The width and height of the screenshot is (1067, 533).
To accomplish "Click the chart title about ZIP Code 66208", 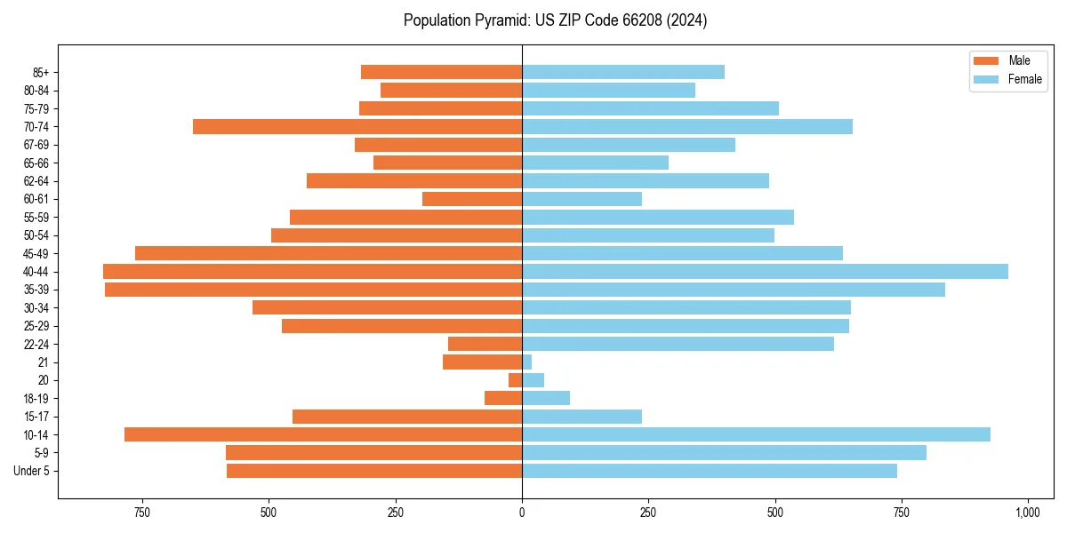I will click(x=555, y=20).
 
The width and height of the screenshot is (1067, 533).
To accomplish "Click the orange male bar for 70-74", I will click(x=357, y=126).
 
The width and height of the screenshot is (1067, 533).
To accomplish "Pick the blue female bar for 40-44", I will click(x=765, y=271).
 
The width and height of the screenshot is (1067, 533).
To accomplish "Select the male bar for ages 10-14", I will click(x=323, y=434).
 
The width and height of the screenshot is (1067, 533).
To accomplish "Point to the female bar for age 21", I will click(x=527, y=362).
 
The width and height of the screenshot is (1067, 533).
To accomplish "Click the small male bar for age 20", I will click(x=516, y=380).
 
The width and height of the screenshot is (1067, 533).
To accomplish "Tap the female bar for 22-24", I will click(x=678, y=344).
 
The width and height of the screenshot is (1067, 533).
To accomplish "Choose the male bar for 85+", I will click(x=441, y=72).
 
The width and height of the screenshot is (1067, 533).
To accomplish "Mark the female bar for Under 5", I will click(x=710, y=471).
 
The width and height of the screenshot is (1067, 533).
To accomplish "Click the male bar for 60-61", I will click(x=472, y=199).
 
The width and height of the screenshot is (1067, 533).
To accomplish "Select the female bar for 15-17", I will click(x=582, y=417).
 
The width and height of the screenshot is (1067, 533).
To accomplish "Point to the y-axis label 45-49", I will click(x=36, y=253).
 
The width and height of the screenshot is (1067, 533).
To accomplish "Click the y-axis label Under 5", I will click(x=32, y=471).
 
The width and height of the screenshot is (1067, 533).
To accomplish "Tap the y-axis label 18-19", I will click(x=36, y=398).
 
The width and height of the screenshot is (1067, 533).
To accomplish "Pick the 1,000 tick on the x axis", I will click(x=1028, y=513).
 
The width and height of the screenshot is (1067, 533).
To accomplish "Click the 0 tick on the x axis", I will click(x=522, y=513).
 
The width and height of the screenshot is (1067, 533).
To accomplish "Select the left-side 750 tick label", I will click(x=141, y=513).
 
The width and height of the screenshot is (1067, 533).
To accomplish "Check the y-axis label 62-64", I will click(x=36, y=181).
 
